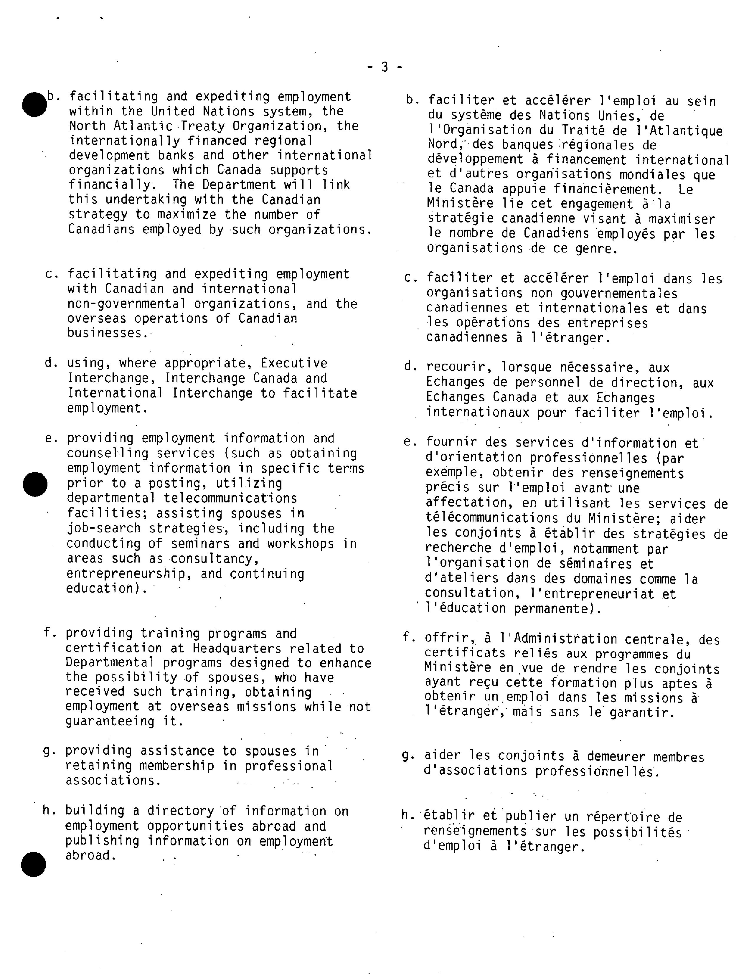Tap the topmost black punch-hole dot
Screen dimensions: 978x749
click(x=34, y=104)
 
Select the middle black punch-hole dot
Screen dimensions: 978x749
click(x=35, y=484)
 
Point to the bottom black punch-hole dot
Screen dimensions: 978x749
click(x=33, y=864)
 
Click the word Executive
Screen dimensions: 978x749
click(x=294, y=363)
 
